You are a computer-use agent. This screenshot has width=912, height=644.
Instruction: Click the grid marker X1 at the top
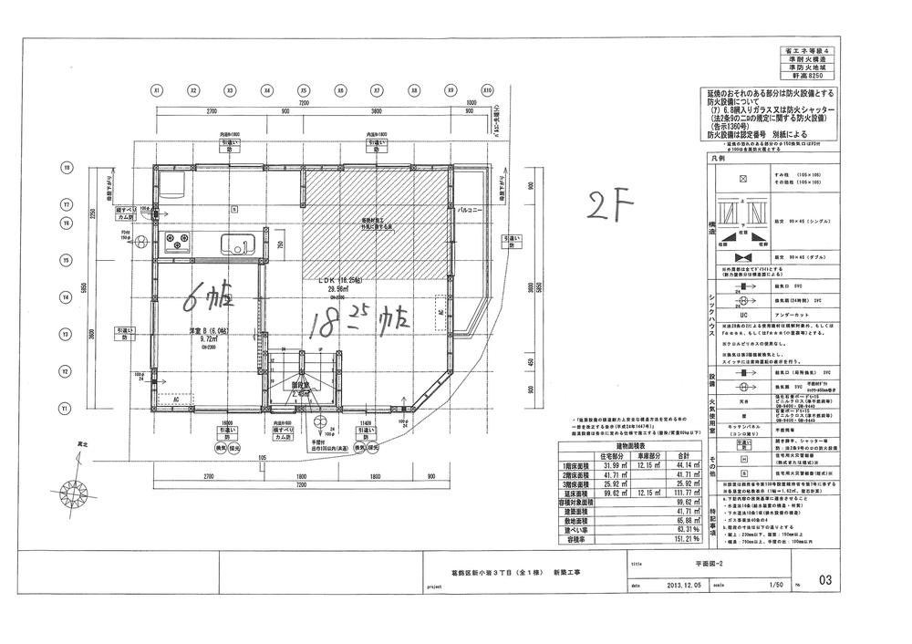coord(157,91)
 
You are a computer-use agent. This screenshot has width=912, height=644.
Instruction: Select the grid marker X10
coord(487,91)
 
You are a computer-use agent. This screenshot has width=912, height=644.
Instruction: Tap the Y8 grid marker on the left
coord(66,168)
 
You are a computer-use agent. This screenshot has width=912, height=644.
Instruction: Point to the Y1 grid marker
coord(66,410)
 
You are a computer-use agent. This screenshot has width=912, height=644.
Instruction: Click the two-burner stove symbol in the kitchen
coord(175,243)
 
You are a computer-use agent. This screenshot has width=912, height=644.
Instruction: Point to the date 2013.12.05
coord(686,586)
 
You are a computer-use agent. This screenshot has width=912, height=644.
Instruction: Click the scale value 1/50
coord(777,586)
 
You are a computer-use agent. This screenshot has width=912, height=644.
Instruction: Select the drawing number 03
coord(826,577)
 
